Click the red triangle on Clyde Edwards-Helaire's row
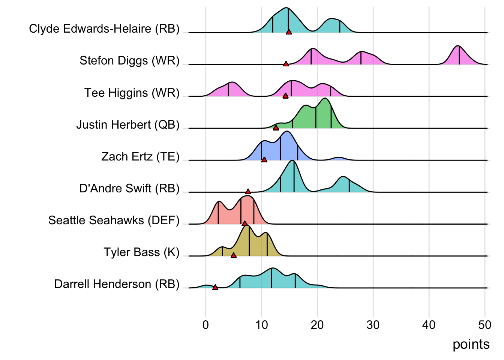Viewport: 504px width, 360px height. click(x=289, y=32)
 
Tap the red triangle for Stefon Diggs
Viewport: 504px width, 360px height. click(x=286, y=64)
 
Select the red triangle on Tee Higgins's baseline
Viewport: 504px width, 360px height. click(x=285, y=96)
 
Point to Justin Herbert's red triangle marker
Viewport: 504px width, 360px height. click(x=276, y=128)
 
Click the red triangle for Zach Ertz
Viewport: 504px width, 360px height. click(x=264, y=160)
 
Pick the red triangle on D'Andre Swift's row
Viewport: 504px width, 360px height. click(x=248, y=192)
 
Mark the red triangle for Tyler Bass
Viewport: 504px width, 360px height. click(x=234, y=255)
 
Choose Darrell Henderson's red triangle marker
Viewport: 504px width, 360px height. click(x=215, y=287)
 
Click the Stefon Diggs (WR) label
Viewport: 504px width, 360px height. click(x=129, y=61)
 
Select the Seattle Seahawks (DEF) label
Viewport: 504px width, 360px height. click(x=114, y=220)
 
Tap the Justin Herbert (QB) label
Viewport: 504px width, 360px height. click(x=128, y=124)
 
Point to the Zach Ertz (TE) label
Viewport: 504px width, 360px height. click(x=140, y=156)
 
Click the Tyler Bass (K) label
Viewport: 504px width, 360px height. click(x=141, y=252)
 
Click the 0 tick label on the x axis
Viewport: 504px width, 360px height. click(x=205, y=325)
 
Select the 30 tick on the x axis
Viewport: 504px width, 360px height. click(x=373, y=325)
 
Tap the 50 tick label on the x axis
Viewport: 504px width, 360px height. click(x=484, y=325)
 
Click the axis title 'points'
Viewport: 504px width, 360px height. click(x=471, y=344)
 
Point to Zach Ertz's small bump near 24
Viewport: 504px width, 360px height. click(x=339, y=159)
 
